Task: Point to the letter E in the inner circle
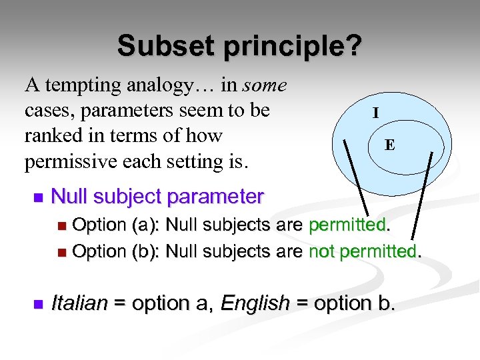(x=389, y=144)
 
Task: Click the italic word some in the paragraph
(x=265, y=85)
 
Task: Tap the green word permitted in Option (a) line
(x=347, y=225)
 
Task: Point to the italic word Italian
(x=79, y=303)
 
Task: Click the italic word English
(x=255, y=303)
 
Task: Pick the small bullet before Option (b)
(x=62, y=253)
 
